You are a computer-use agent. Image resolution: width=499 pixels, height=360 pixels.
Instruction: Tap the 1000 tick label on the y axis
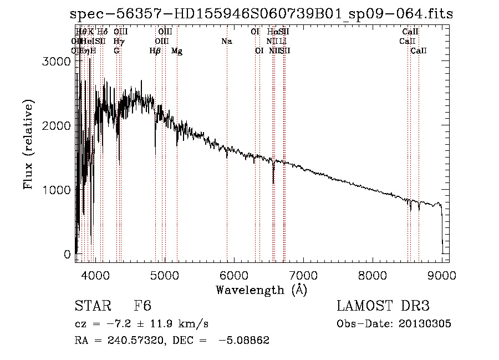[x=56, y=190]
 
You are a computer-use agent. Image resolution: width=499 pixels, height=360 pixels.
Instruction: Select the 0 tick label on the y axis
[x=67, y=254]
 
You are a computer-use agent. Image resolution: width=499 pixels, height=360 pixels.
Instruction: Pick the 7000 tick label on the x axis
[x=303, y=274]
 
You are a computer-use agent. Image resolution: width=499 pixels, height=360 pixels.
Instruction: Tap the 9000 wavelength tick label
[x=442, y=274]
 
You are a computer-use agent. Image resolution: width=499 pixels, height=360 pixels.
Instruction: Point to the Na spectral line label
[x=226, y=41]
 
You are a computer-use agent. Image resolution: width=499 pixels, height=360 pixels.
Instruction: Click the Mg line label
[x=177, y=51]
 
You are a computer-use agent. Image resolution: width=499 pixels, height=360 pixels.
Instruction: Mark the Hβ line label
[x=155, y=51]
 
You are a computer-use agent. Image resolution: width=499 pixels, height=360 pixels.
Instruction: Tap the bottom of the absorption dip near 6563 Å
[x=273, y=182]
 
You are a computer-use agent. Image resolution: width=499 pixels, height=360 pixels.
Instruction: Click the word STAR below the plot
[x=91, y=307]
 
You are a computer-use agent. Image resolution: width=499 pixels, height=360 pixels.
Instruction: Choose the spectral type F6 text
[x=142, y=307]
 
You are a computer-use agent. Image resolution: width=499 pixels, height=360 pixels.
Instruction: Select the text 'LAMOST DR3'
[x=383, y=307]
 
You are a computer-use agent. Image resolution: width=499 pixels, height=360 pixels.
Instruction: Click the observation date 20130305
[x=427, y=324]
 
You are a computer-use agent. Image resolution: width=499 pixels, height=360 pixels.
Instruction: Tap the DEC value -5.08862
[x=244, y=341]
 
